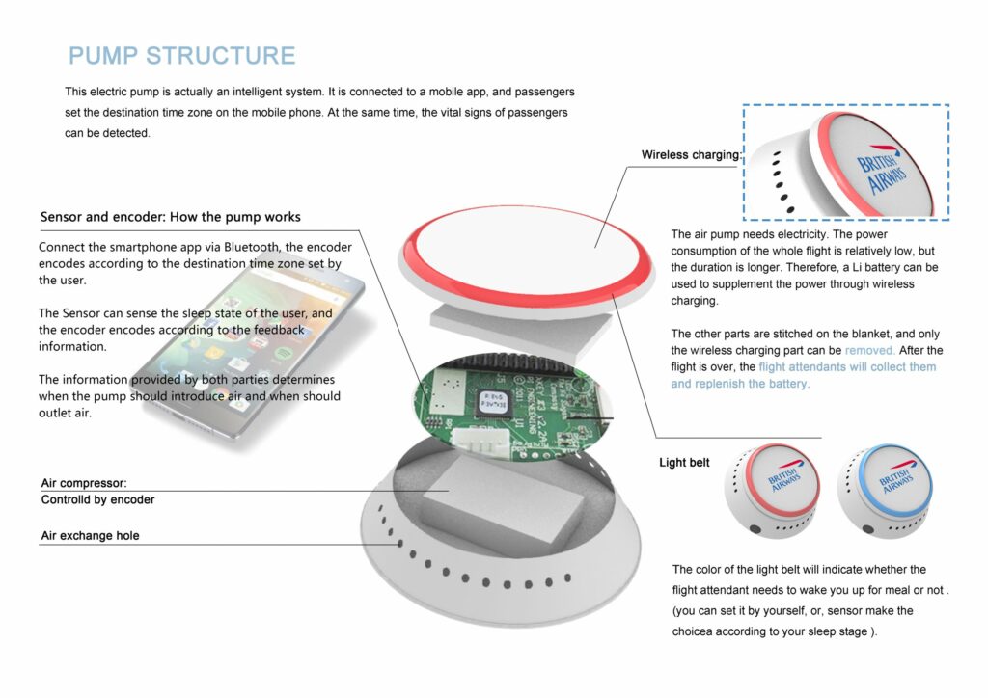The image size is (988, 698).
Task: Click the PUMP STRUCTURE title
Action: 181,55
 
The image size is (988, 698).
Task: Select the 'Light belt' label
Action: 684,463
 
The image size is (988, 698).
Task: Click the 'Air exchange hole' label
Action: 90,536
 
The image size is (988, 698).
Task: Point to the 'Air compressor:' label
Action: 84,483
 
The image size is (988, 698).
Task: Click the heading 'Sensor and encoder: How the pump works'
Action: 170,217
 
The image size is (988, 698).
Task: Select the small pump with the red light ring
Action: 772,487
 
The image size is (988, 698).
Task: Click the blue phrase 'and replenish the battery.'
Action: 740,384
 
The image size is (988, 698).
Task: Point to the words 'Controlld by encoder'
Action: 97,500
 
